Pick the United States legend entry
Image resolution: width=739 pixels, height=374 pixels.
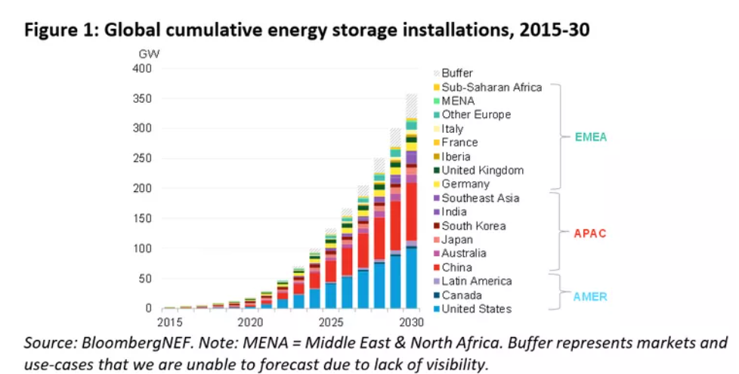tap(476, 308)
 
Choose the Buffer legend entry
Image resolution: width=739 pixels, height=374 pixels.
tap(457, 73)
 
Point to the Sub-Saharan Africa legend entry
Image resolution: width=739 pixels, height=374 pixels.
tap(491, 87)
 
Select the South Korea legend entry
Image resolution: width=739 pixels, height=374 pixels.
tap(473, 226)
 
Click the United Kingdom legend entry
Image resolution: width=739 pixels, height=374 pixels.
tap(482, 171)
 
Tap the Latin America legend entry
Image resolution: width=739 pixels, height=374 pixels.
tap(476, 281)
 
